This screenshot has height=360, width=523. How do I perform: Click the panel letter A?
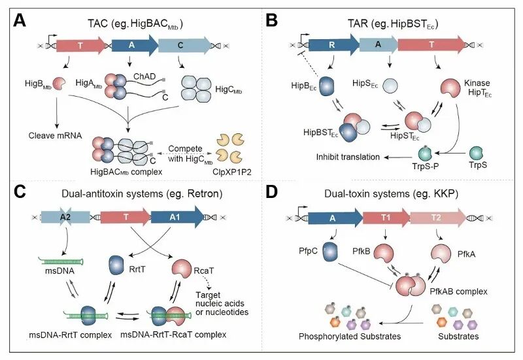[x=19, y=21]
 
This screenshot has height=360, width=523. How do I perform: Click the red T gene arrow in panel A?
[x=80, y=45]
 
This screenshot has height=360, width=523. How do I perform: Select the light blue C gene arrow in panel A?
[x=184, y=45]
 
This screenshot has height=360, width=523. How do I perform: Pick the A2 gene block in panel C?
[x=65, y=218]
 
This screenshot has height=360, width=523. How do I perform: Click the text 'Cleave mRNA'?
[x=55, y=136]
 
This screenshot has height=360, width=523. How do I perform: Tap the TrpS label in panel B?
[x=478, y=165]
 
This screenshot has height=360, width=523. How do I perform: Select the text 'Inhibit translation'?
[x=348, y=157]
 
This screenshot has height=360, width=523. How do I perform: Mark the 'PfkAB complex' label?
[x=458, y=291]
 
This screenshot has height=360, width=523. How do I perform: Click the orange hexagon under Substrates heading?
[x=442, y=322]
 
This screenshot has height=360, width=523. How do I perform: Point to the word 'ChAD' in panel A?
[x=144, y=76]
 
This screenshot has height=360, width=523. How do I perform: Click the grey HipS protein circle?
[x=390, y=86]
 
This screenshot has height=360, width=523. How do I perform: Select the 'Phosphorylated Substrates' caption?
[x=350, y=336]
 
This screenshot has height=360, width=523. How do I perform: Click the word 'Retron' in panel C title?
[x=203, y=193]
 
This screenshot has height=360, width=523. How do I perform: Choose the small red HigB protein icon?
[x=59, y=84]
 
